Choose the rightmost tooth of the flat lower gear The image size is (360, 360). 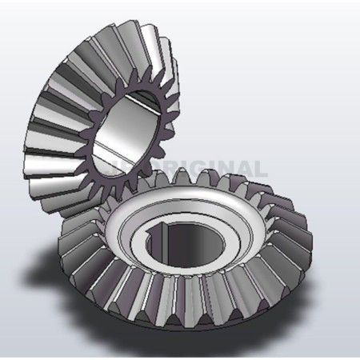(x=307, y=240)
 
